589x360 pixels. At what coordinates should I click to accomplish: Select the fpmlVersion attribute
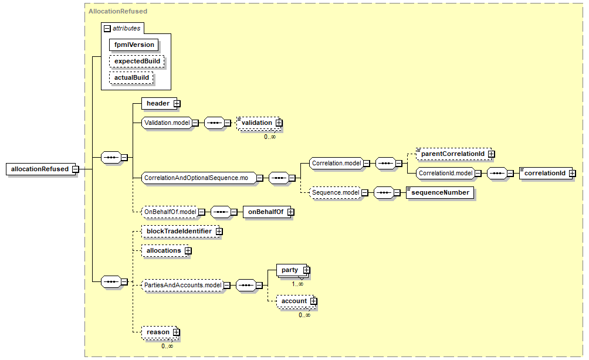(134, 45)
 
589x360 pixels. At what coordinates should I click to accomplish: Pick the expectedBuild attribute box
(137, 61)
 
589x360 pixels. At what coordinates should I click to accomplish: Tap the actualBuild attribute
(131, 78)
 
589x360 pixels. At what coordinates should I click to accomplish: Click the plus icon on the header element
(177, 104)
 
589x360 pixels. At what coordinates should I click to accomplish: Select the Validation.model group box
(167, 123)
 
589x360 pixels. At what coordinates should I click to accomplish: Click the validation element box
(259, 123)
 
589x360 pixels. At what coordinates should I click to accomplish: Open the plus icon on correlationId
(572, 174)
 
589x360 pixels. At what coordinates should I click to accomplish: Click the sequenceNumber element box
(440, 192)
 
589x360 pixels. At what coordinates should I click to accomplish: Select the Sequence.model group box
(336, 192)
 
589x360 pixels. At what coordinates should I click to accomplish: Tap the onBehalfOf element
(268, 212)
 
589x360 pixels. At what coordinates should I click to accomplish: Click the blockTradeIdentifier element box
(182, 231)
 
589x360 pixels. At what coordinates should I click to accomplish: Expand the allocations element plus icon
(188, 251)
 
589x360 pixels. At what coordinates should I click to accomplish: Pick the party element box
(293, 270)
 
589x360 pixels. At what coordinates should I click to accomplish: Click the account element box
(297, 301)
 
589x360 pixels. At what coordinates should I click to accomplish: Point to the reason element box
(160, 332)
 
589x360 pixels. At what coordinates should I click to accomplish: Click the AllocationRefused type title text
(118, 11)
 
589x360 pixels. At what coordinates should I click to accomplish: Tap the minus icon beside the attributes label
(107, 29)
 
